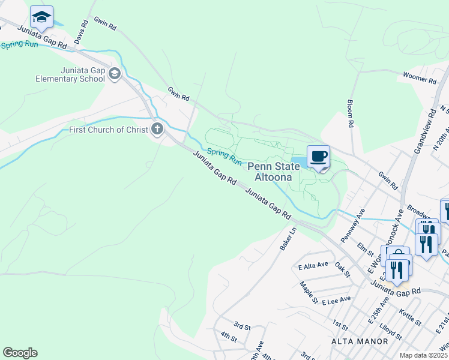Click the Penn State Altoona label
coord(270,171)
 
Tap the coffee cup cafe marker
coord(319,157)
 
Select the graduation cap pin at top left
coord(41,17)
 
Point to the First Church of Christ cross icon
coord(157,129)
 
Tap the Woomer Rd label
coord(419,79)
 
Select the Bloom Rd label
coord(350,113)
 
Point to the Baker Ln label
coord(288,239)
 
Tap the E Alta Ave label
coord(313,265)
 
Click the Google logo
coord(20,353)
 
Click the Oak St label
coord(343,270)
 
